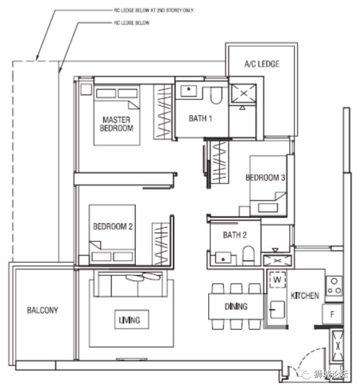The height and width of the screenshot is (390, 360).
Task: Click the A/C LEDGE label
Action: [x=261, y=64]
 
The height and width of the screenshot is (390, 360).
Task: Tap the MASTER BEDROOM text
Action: [x=116, y=124]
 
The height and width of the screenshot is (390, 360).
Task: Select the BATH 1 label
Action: [x=200, y=118]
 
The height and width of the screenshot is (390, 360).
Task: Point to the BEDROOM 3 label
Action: [x=265, y=178]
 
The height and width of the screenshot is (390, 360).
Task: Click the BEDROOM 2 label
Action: [x=113, y=226]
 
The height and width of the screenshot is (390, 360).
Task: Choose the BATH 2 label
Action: [x=235, y=235]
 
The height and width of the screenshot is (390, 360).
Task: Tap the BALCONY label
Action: [x=42, y=310]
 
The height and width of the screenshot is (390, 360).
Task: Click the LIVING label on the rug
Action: [x=129, y=320]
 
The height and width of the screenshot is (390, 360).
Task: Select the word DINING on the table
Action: [x=236, y=307]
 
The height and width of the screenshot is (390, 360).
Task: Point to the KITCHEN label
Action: [x=304, y=296]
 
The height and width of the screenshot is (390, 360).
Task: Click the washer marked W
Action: [x=277, y=280]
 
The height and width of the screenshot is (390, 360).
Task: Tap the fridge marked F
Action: [x=332, y=314]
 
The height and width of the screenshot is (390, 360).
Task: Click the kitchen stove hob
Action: [x=334, y=286]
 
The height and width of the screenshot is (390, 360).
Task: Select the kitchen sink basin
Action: [x=277, y=310]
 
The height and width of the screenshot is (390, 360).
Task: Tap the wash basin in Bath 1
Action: [x=188, y=90]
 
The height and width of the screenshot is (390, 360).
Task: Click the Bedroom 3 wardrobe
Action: [x=219, y=162]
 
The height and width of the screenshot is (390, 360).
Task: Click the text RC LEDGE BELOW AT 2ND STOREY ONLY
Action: [x=153, y=10]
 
